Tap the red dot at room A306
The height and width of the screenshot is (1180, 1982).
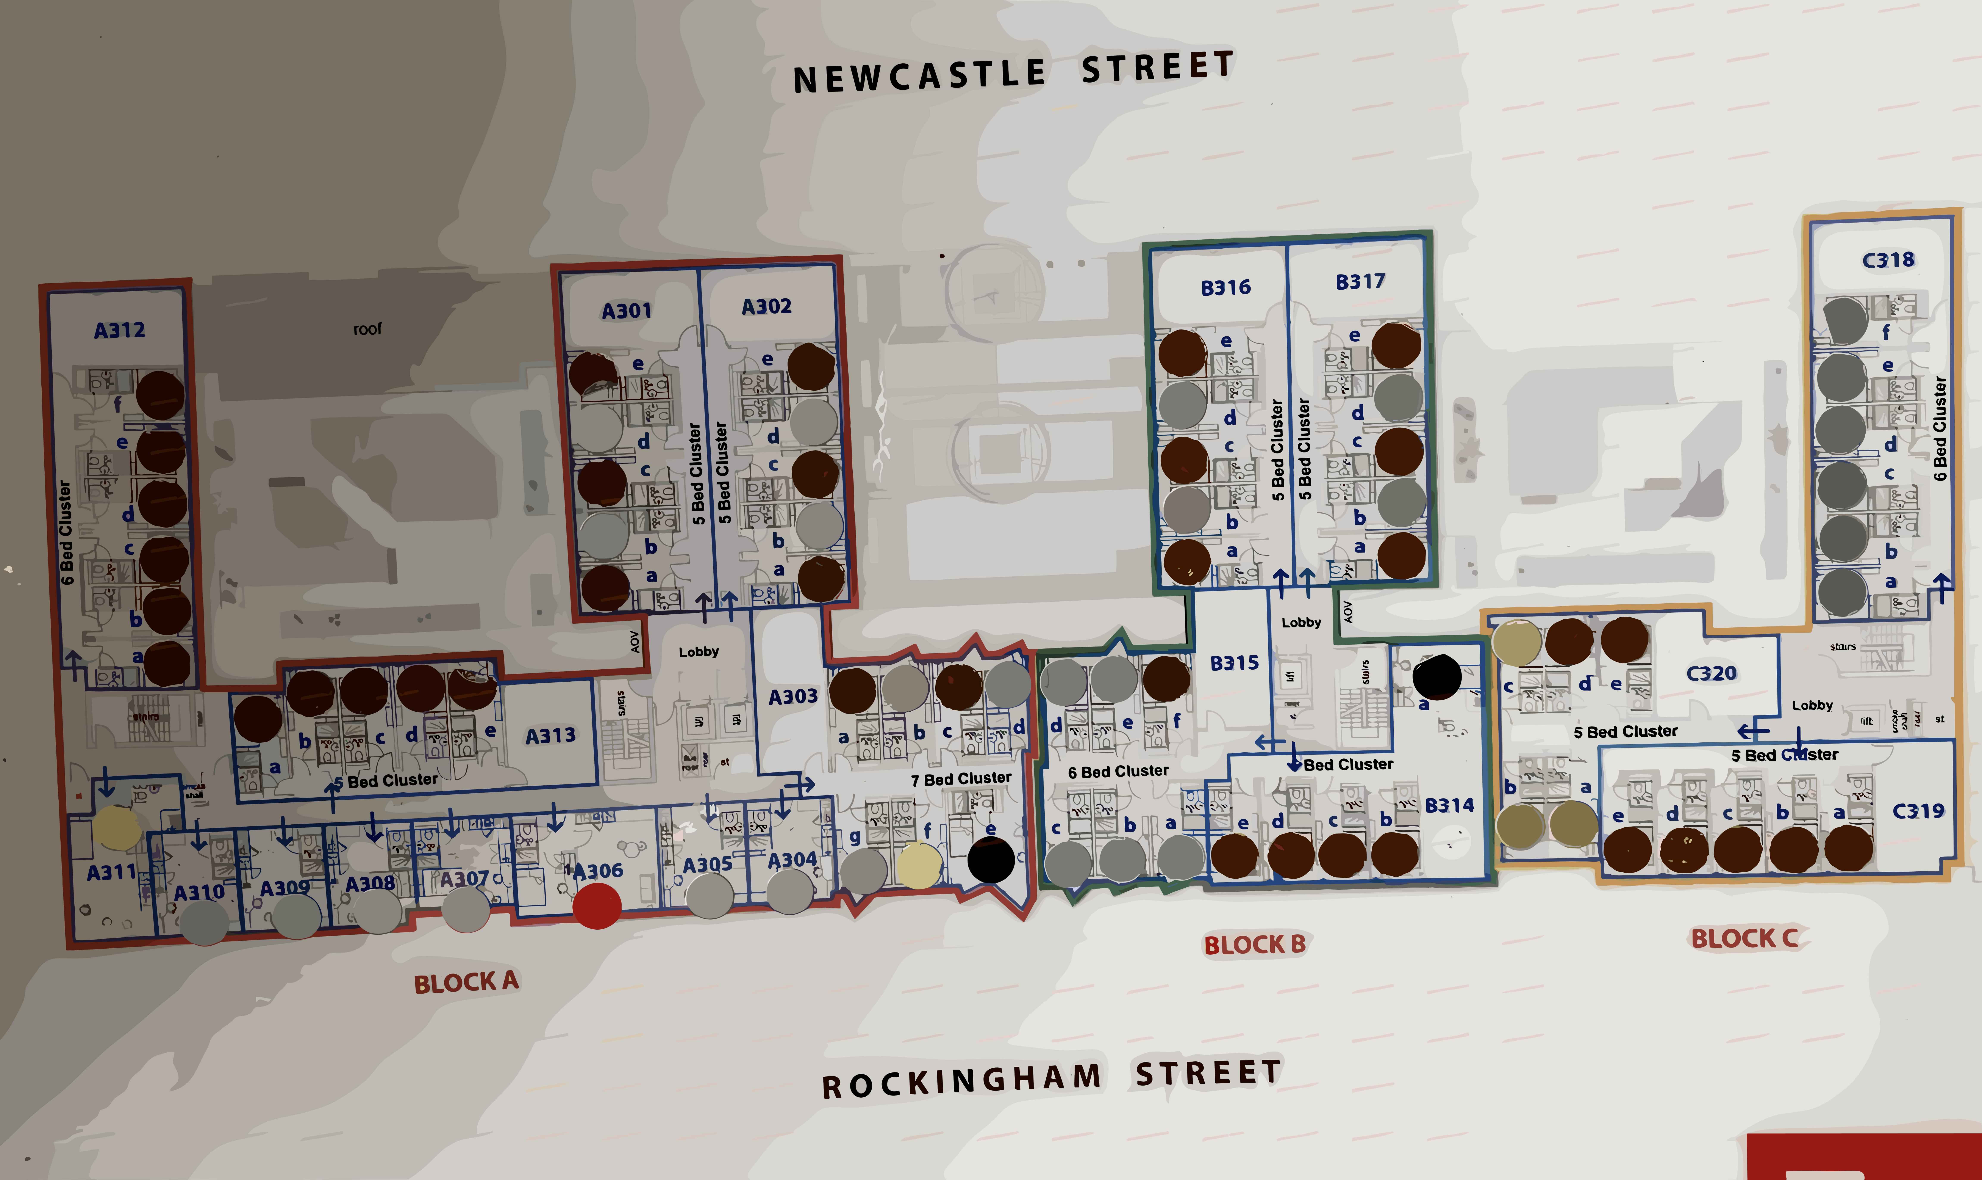tap(597, 906)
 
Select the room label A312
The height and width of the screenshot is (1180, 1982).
tap(119, 330)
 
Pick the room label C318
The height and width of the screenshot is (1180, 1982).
tap(1888, 260)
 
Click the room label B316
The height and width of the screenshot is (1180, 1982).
tap(1225, 287)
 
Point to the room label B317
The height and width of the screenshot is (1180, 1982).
tap(1360, 281)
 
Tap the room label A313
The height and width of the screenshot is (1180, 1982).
tap(550, 736)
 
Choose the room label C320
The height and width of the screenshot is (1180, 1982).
tap(1711, 673)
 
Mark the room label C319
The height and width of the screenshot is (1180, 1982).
tap(1918, 811)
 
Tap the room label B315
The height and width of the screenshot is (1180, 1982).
tap(1234, 662)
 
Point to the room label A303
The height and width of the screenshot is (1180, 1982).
tap(792, 697)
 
